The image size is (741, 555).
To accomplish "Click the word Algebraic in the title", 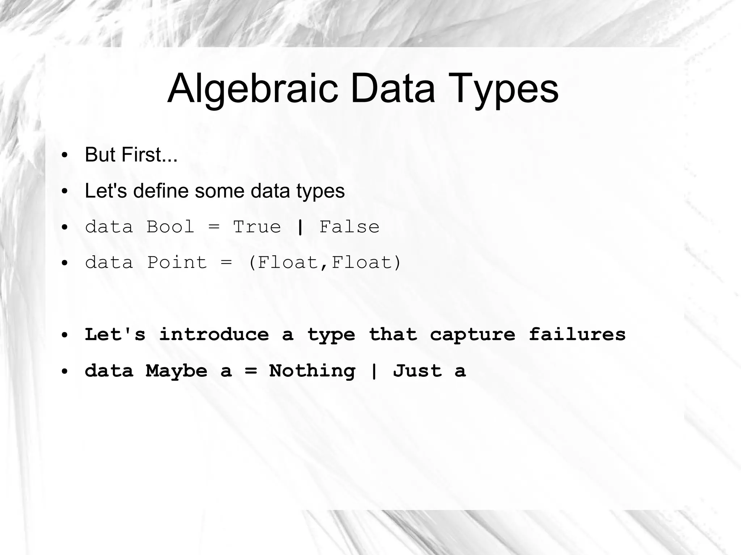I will click(x=253, y=89).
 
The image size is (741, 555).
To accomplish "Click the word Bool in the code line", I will click(x=170, y=227).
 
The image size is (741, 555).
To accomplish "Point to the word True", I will click(x=257, y=227).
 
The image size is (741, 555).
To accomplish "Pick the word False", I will click(x=349, y=227).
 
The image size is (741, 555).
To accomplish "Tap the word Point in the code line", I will click(x=177, y=262).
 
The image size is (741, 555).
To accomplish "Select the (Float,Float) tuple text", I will click(x=325, y=262).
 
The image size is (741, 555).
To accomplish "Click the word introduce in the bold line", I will click(x=214, y=334).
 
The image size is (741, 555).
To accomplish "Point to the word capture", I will click(x=472, y=334).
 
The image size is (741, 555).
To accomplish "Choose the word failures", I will click(x=577, y=334).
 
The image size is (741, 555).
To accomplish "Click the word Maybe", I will click(x=177, y=371).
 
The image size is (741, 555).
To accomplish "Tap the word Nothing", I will click(x=312, y=371).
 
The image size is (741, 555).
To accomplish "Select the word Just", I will click(x=418, y=371).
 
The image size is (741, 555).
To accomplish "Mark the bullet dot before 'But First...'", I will click(x=65, y=156).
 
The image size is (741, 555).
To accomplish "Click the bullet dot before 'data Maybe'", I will click(x=65, y=372).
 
